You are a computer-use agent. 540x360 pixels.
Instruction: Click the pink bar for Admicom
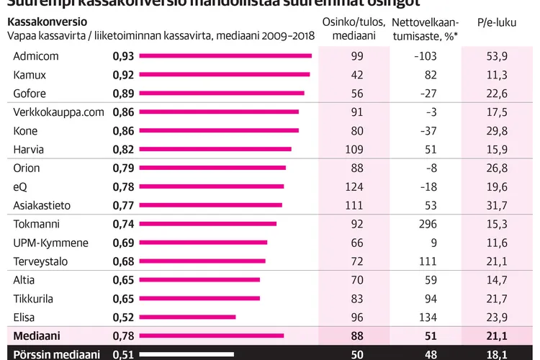tap(225, 56)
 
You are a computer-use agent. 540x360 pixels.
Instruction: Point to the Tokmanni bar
tap(207, 224)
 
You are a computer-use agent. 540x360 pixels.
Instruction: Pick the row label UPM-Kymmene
tap(50, 243)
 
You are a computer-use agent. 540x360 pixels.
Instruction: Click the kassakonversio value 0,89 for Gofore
tap(123, 94)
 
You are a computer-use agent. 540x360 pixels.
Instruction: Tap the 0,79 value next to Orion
tap(123, 168)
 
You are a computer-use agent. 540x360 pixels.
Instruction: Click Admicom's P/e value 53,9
tap(497, 56)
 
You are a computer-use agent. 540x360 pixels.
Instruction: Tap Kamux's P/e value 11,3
tap(497, 75)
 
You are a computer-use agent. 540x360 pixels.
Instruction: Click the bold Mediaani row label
tap(35, 336)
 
